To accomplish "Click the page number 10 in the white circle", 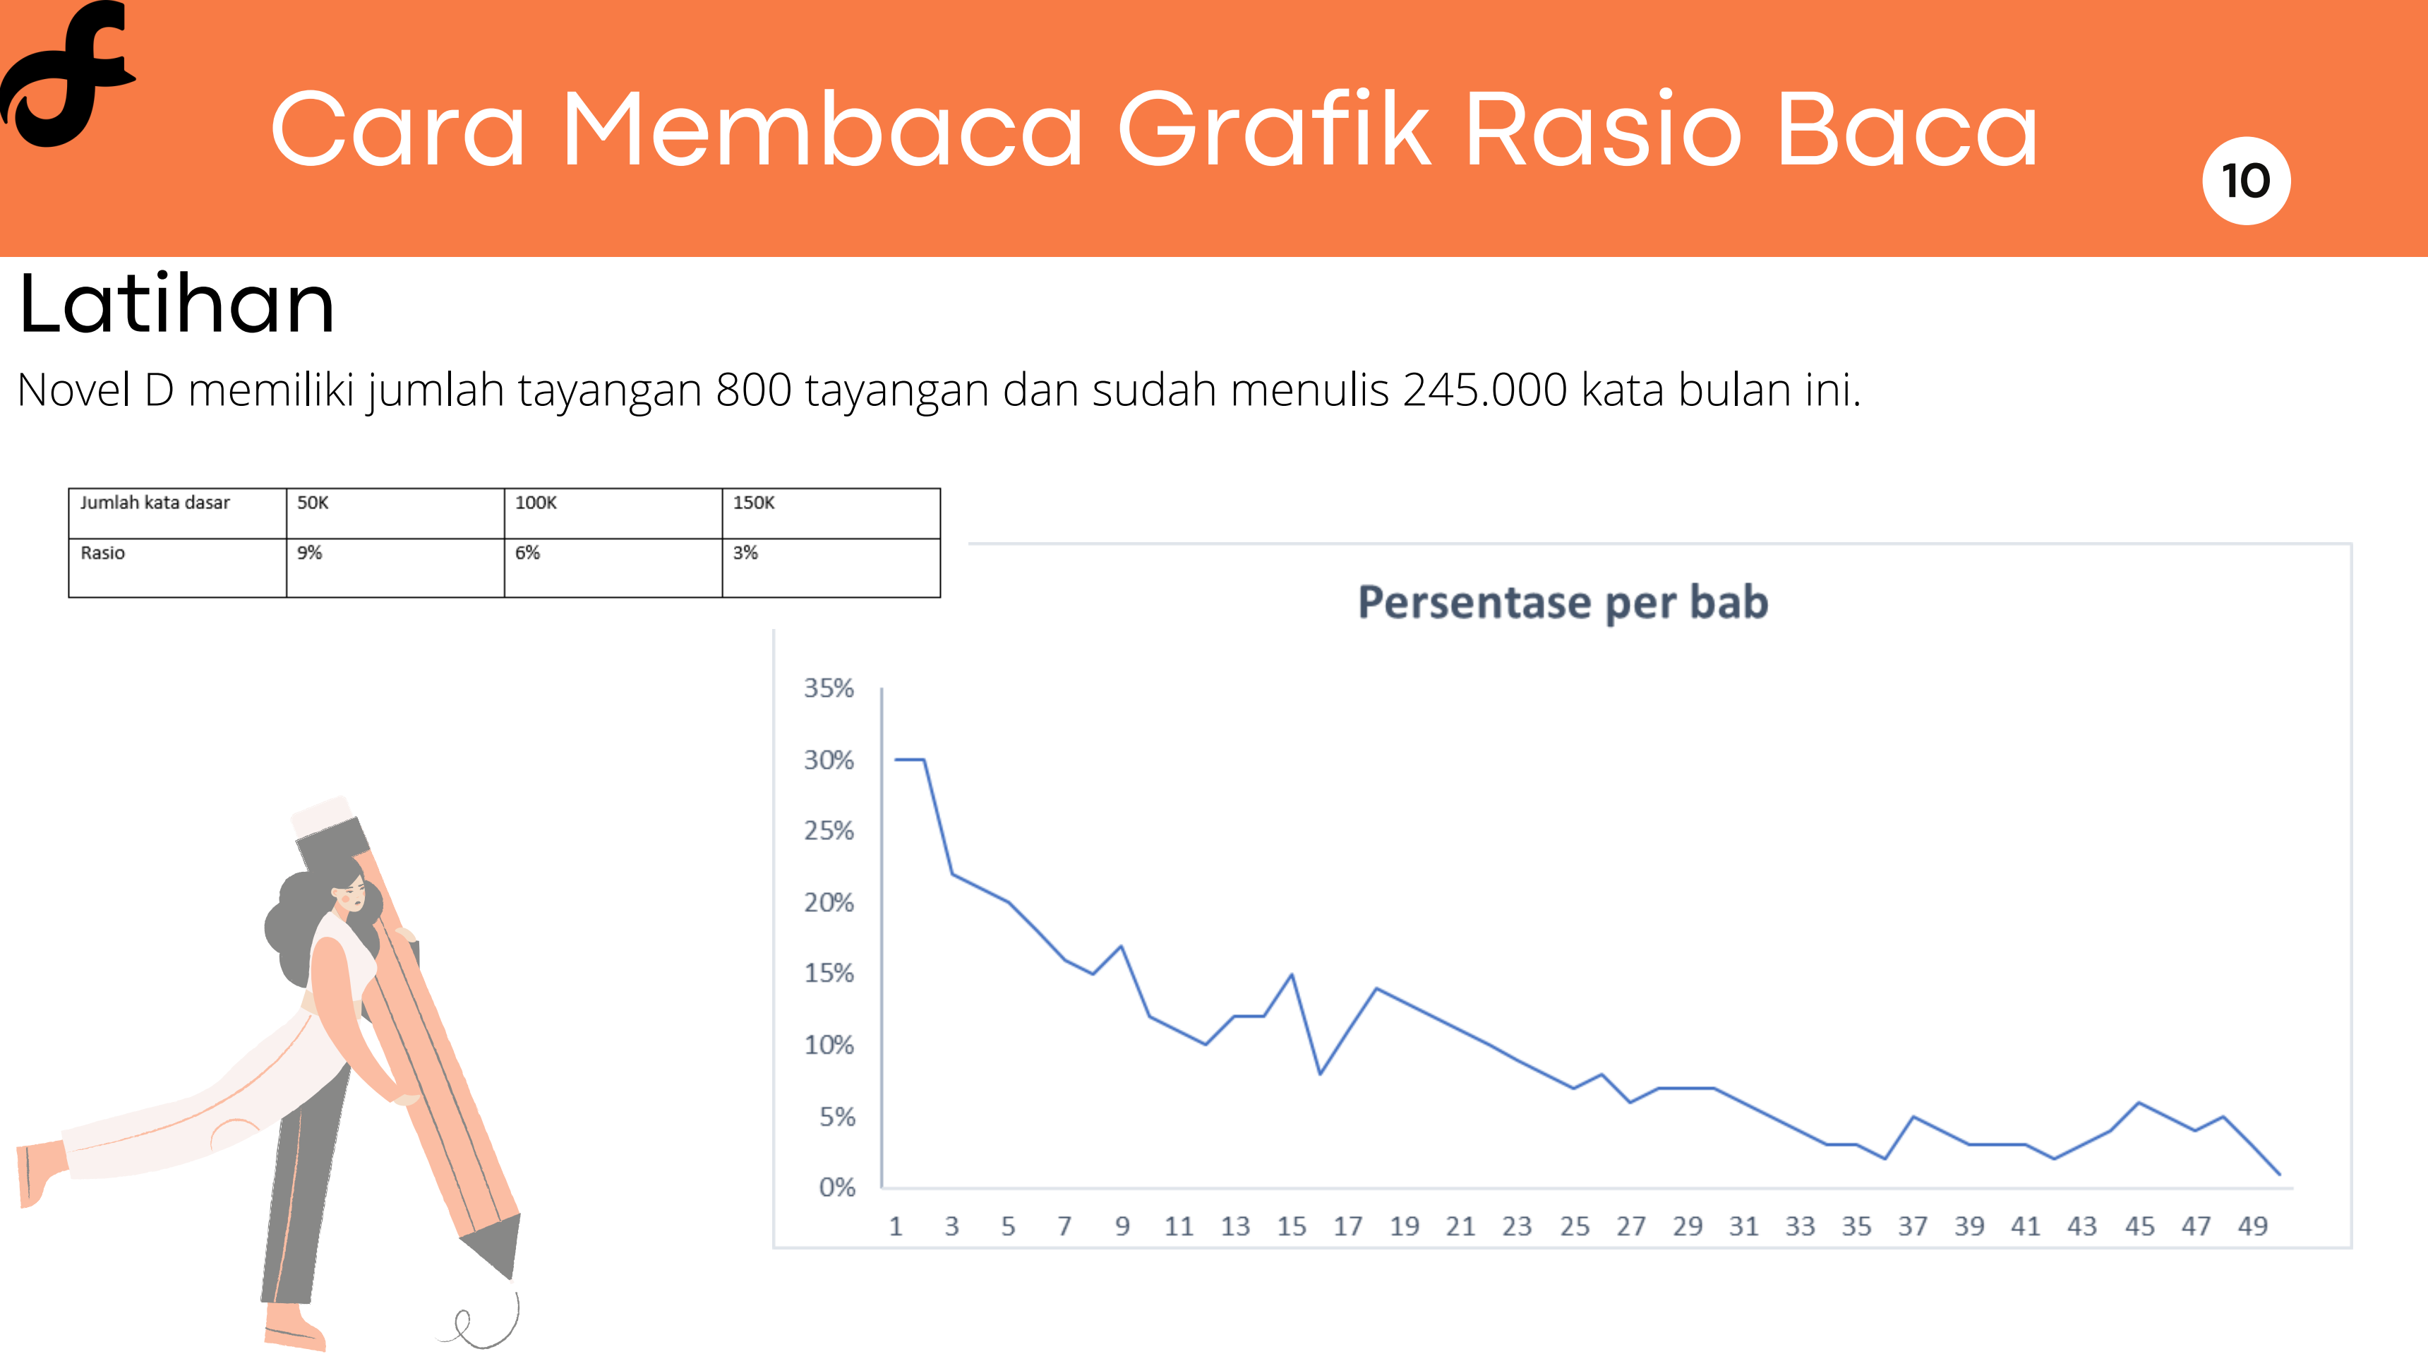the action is (x=2245, y=181).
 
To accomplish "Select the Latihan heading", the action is (x=176, y=303).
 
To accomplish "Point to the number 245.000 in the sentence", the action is (x=1484, y=390).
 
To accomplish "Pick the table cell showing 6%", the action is (x=613, y=568).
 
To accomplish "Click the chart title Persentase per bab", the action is (x=1563, y=602).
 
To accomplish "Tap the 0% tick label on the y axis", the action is (x=837, y=1187).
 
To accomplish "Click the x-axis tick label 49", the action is (x=2253, y=1226).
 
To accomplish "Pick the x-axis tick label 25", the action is (x=1574, y=1226).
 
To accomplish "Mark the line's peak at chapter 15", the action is (x=1292, y=975).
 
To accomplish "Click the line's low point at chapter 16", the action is (x=1320, y=1074).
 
